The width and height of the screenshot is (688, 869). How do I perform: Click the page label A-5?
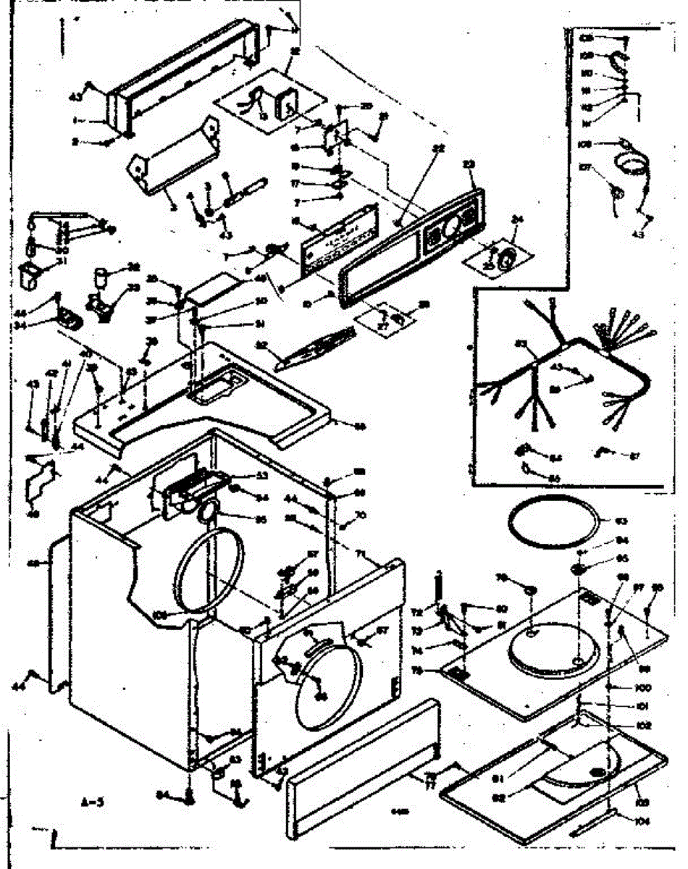[x=92, y=802]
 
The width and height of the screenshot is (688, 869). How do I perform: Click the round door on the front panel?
[x=327, y=681]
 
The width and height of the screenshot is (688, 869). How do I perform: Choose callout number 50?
[x=261, y=301]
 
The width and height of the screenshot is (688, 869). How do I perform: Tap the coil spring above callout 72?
[x=438, y=587]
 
